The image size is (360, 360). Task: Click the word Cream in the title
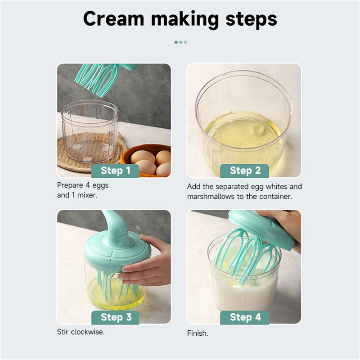pos(114,18)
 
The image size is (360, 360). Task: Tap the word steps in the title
pos(252,20)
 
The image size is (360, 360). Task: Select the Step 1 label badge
pos(115,171)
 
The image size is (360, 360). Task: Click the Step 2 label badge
pos(244,171)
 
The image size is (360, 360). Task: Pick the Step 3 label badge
pos(115,318)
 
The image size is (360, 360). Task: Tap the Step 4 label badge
pos(244,318)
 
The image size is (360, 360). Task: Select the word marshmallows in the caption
pos(211,197)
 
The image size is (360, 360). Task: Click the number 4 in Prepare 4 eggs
pos(87,185)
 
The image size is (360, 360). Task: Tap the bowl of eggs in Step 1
pos(146,160)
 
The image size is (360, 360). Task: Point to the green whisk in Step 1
pos(101,78)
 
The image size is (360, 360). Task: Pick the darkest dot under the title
pos(176,42)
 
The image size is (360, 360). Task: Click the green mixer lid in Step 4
pos(262,229)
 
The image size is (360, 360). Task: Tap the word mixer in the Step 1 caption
pos(87,195)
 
